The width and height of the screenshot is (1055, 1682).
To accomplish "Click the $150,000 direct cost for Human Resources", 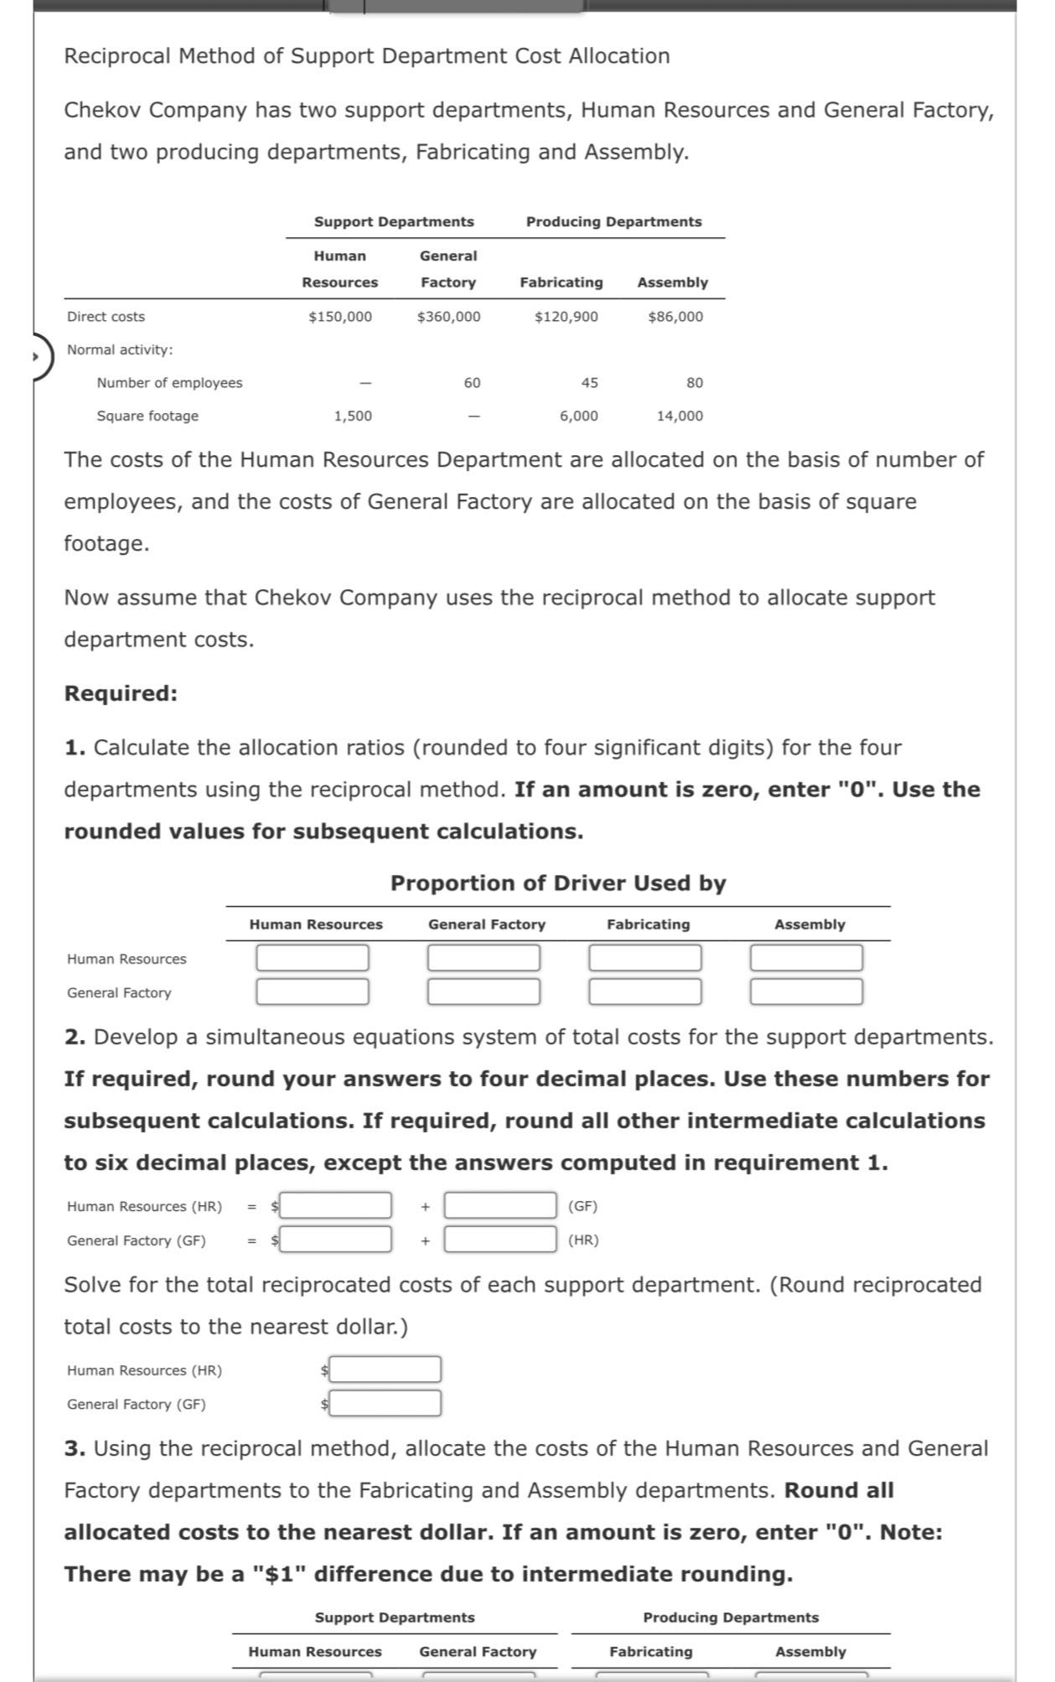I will [x=340, y=317].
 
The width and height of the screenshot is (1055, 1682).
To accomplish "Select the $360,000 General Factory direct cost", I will [x=448, y=317].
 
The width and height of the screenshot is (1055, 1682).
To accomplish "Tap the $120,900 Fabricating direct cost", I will [x=566, y=317].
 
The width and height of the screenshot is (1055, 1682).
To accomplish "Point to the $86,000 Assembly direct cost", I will [x=675, y=317].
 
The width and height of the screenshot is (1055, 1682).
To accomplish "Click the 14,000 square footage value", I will [x=680, y=416].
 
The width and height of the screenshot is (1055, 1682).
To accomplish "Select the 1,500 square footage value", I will [x=353, y=416].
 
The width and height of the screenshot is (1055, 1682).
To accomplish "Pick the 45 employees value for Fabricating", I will [x=590, y=383].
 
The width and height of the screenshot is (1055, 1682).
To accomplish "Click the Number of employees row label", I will [x=169, y=383].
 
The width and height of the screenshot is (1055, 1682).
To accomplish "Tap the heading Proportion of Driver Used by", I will [x=558, y=883].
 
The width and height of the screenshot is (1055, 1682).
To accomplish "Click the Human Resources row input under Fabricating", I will [x=645, y=958].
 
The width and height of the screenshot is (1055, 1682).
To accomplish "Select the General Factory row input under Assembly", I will [x=806, y=992].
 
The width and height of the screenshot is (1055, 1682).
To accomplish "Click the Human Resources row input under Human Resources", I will [x=313, y=958].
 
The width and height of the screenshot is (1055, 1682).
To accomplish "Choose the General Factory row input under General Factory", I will [x=484, y=992].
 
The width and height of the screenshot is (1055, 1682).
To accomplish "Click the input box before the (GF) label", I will [x=500, y=1206].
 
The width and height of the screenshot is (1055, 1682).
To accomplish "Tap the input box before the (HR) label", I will [x=500, y=1240].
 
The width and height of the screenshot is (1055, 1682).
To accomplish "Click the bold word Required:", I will [x=121, y=694].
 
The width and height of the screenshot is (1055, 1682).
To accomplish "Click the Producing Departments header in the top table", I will [x=613, y=222].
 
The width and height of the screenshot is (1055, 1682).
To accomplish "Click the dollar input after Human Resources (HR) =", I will [x=335, y=1206].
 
